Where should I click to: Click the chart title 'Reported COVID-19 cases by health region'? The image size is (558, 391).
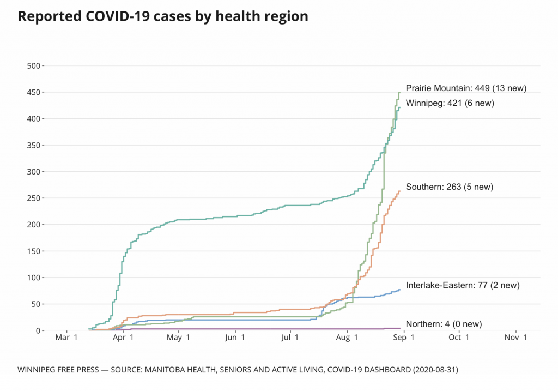tap(163, 17)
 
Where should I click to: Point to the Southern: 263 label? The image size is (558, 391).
tap(449, 187)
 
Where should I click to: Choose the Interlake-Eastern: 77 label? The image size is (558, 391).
tap(463, 285)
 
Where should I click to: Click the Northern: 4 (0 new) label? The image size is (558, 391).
tap(444, 324)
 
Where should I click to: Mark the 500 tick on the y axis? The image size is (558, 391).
tap(34, 66)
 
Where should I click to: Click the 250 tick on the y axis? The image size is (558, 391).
tap(34, 198)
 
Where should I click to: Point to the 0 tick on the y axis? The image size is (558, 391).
tap(38, 330)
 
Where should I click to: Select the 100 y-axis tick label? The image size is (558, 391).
tap(34, 278)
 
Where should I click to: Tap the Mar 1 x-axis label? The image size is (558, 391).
tap(67, 338)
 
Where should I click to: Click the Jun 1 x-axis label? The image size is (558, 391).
tap(235, 338)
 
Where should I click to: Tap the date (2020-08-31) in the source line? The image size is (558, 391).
tap(434, 370)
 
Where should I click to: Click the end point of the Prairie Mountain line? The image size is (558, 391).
tap(399, 93)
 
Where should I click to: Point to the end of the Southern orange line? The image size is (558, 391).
tap(400, 191)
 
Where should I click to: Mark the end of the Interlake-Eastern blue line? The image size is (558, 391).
tap(400, 290)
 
